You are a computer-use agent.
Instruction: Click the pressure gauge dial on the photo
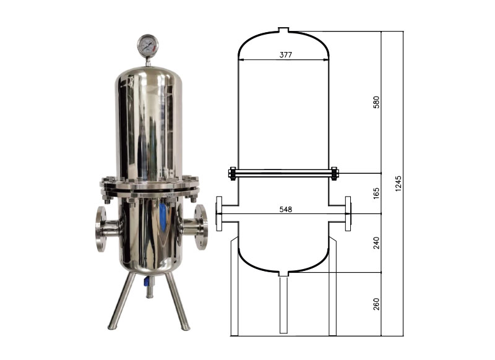click(x=148, y=45)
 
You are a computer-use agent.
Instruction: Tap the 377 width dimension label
click(x=286, y=54)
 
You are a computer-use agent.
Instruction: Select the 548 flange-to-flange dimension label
click(x=286, y=209)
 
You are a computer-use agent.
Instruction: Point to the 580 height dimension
click(x=376, y=102)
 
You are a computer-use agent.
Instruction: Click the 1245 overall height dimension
click(x=398, y=183)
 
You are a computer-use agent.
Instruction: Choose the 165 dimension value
click(x=376, y=193)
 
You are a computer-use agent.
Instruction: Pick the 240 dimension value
click(x=376, y=243)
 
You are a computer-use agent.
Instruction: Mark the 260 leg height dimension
click(x=376, y=304)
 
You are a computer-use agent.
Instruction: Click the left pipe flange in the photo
click(x=101, y=229)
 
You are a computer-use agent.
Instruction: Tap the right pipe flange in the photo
click(x=201, y=227)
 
